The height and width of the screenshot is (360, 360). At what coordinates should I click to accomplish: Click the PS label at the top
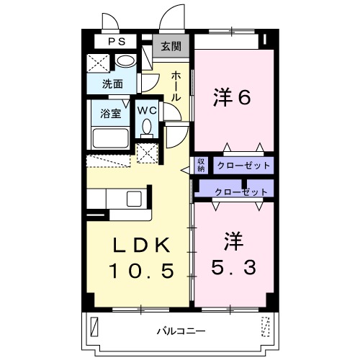(116, 42)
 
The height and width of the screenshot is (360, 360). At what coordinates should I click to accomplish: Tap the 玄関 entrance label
(171, 48)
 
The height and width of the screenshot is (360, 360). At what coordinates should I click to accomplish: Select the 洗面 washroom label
(102, 84)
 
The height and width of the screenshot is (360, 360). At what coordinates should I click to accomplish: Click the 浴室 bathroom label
(109, 112)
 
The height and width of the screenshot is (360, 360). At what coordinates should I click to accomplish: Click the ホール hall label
(176, 85)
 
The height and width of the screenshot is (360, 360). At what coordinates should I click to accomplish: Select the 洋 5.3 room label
(232, 253)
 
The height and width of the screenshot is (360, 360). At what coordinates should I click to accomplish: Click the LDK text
(141, 246)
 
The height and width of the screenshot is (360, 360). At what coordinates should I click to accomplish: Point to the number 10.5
(141, 271)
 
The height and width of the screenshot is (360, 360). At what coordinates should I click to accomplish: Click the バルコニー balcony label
(179, 332)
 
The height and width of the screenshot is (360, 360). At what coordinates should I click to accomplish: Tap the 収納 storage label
(201, 165)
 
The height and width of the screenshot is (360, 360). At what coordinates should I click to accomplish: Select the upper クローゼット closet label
(243, 166)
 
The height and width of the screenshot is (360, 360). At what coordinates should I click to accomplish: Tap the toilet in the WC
(147, 127)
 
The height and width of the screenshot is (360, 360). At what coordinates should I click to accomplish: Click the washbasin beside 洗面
(125, 61)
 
